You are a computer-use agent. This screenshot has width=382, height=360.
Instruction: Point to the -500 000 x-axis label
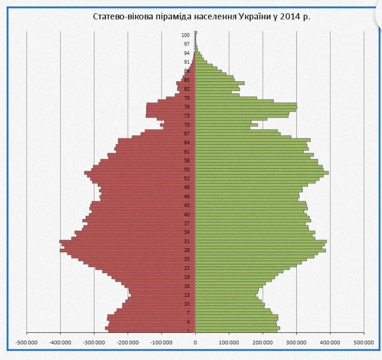(x=27, y=342)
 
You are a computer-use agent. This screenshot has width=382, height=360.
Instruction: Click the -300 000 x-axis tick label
(x=94, y=342)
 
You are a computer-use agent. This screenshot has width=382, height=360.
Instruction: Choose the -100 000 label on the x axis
(x=162, y=342)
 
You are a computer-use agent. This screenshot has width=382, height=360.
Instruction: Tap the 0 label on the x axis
(x=195, y=342)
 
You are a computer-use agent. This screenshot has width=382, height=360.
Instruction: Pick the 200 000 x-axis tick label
(x=263, y=342)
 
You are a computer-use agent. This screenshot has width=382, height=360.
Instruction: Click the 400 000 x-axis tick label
(x=331, y=342)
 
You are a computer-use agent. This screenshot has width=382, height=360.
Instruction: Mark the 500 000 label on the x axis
(x=364, y=342)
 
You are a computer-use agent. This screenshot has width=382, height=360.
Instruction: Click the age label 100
(x=186, y=35)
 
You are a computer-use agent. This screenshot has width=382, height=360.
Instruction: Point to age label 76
(x=186, y=107)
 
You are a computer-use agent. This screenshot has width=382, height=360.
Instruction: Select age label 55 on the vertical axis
(x=186, y=169)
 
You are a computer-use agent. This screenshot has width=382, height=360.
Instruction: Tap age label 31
(x=186, y=241)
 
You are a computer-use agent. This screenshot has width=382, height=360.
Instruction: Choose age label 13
(x=186, y=295)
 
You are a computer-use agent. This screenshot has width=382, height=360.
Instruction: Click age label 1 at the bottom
(x=188, y=331)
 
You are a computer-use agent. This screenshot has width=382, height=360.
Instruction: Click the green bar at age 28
(x=259, y=250)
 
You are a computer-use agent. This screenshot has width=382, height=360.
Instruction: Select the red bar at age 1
(x=151, y=331)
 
